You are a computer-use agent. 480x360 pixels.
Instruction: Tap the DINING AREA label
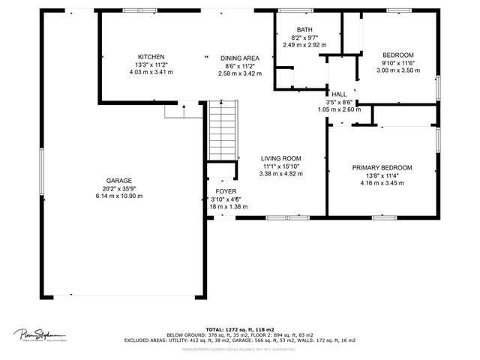(x=239, y=58)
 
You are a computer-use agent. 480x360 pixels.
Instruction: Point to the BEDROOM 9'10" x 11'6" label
(x=397, y=55)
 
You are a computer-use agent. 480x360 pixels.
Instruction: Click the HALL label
(x=338, y=94)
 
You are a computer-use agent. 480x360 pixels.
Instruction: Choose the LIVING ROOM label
(x=280, y=158)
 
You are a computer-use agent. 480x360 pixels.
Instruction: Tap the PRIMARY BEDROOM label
(x=382, y=167)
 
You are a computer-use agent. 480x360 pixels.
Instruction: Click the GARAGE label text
(x=118, y=181)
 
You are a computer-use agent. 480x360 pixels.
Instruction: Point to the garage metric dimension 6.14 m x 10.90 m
(x=118, y=196)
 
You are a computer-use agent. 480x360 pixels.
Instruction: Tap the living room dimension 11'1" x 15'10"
(x=280, y=166)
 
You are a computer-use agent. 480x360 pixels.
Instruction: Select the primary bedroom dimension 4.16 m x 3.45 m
(x=382, y=183)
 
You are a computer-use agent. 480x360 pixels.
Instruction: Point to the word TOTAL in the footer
(x=215, y=329)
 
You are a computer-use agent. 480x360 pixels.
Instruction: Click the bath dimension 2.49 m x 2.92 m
(x=304, y=44)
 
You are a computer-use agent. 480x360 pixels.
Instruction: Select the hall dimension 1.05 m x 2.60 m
(x=338, y=109)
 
